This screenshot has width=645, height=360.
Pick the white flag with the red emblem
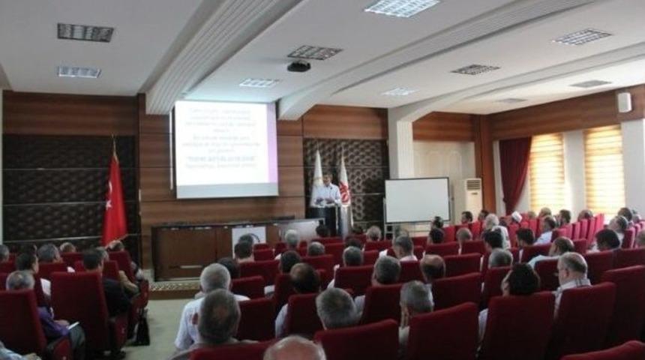344,187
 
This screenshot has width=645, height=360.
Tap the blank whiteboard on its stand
416,199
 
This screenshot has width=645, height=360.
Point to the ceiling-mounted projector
298,66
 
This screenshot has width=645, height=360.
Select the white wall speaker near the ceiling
623,102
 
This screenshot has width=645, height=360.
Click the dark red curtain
514,172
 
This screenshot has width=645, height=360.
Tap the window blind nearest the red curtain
547,172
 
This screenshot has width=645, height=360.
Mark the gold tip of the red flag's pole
114,139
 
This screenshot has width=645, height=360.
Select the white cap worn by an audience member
516,217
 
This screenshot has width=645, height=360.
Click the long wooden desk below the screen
217,247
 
